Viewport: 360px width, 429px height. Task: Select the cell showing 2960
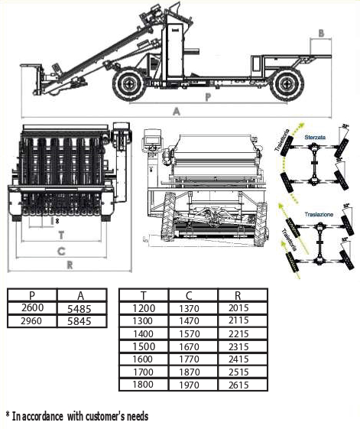pos(31,321)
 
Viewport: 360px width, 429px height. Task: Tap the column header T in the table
pos(144,295)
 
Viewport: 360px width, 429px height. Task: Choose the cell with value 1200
pos(144,308)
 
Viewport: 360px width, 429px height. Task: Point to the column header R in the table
pos(242,295)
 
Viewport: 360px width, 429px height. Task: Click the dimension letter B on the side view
pos(322,32)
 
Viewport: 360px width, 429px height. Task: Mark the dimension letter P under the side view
pos(207,97)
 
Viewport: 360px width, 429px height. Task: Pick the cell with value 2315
pos(242,346)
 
